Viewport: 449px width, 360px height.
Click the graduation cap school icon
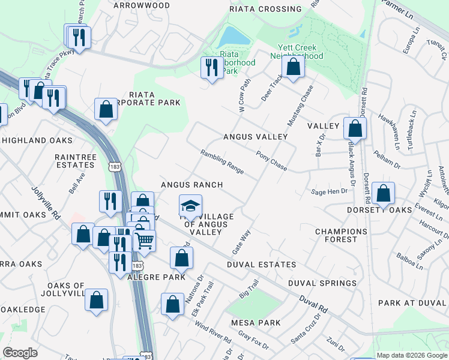coord(190,206)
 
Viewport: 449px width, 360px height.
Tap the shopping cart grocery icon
coord(144,241)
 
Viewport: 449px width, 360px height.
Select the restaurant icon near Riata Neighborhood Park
coord(211,68)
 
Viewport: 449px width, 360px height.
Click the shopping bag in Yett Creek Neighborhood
coord(293,67)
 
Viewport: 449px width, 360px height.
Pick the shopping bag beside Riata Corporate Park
coord(106,110)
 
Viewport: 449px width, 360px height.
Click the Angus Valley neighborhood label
coord(255,137)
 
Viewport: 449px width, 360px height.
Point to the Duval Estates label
coord(261,264)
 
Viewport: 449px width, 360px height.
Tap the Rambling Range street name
coord(222,161)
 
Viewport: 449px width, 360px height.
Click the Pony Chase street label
coord(271,160)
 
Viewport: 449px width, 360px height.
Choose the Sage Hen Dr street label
coord(329,191)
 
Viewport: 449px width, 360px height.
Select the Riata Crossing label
coord(265,9)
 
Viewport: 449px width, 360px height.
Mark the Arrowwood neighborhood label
coord(141,5)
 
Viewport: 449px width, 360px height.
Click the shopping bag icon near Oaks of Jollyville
coord(96,301)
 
